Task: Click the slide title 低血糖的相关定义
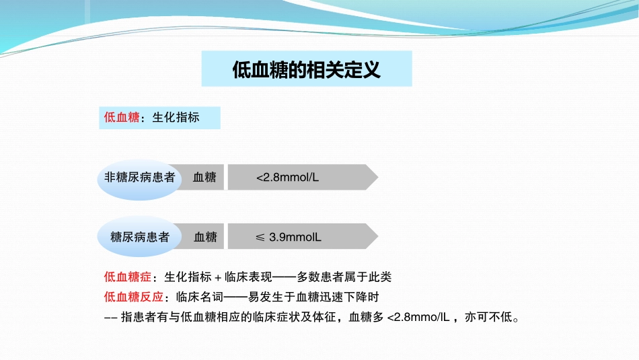click(x=307, y=69)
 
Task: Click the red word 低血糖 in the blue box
click(x=122, y=117)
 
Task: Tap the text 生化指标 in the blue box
click(x=176, y=117)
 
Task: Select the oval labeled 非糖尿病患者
click(x=139, y=179)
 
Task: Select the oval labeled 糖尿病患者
click(x=139, y=236)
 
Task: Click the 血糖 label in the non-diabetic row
click(x=204, y=178)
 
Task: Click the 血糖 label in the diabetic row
click(x=205, y=237)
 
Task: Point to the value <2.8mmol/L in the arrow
click(x=287, y=178)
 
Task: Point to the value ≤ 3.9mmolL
click(x=288, y=237)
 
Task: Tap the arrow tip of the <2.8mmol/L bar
click(x=378, y=177)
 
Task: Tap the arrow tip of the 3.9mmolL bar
click(x=378, y=236)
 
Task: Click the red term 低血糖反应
click(x=134, y=297)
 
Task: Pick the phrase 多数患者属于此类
click(x=344, y=277)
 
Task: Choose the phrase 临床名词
click(x=200, y=297)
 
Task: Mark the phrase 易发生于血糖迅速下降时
click(x=313, y=297)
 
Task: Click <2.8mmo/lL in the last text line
click(x=418, y=317)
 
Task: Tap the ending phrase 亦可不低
click(x=488, y=317)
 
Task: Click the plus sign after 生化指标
click(x=218, y=278)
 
